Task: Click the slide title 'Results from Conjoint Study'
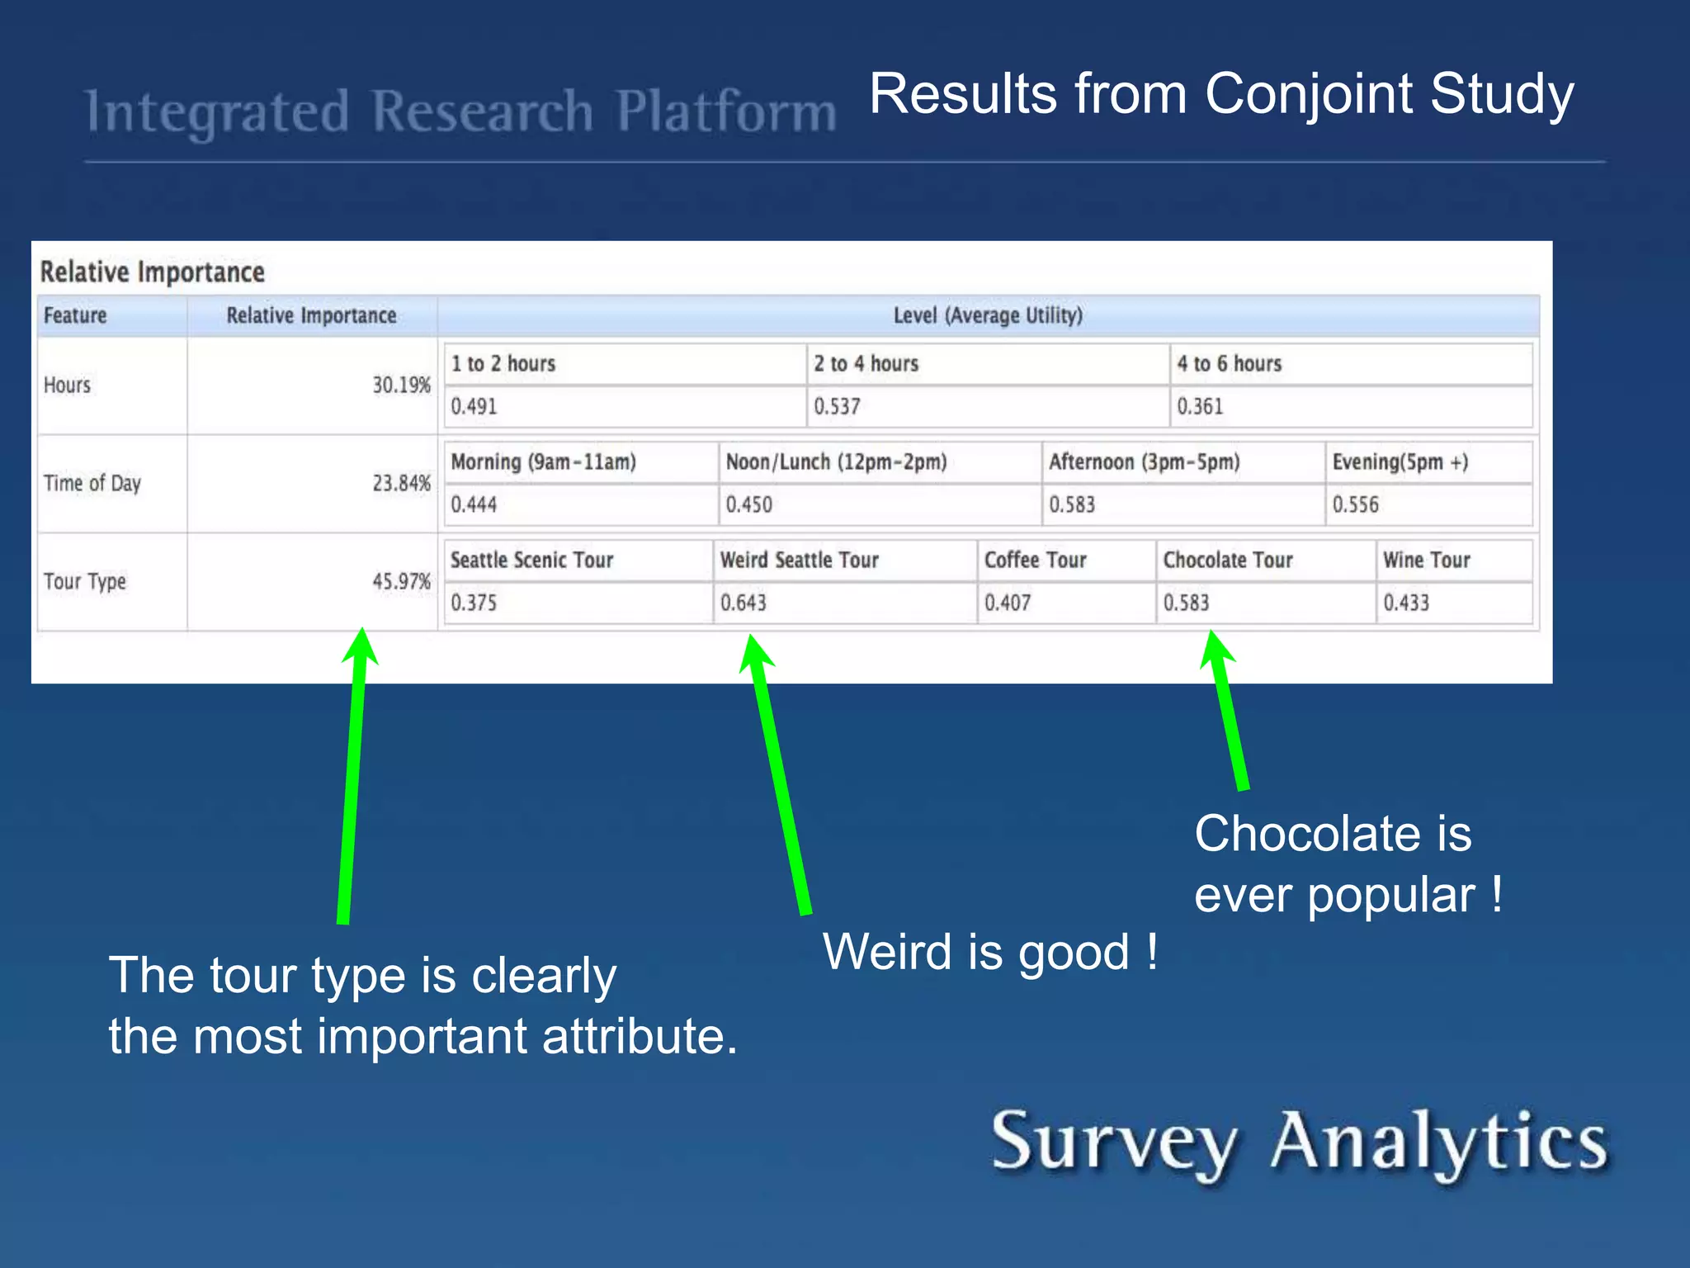coord(1221,94)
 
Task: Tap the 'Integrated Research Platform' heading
coord(460,112)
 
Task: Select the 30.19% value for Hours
coord(401,386)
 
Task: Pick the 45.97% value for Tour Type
coord(401,582)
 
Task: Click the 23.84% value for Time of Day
coord(401,484)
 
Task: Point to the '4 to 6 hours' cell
coord(1229,364)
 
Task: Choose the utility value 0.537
coord(837,407)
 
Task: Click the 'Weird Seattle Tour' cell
coord(799,561)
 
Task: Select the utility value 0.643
coord(743,603)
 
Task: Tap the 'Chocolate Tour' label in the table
coord(1227,561)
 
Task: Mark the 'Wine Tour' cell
coord(1426,561)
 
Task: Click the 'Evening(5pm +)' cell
coord(1400,462)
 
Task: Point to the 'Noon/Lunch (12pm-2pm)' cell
coord(836,462)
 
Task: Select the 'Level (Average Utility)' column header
coord(988,315)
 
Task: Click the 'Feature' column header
coord(75,315)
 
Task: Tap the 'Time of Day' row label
coord(92,484)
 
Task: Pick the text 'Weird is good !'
coord(990,953)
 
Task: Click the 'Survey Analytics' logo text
coord(1299,1143)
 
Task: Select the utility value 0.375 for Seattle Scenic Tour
coord(474,603)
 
